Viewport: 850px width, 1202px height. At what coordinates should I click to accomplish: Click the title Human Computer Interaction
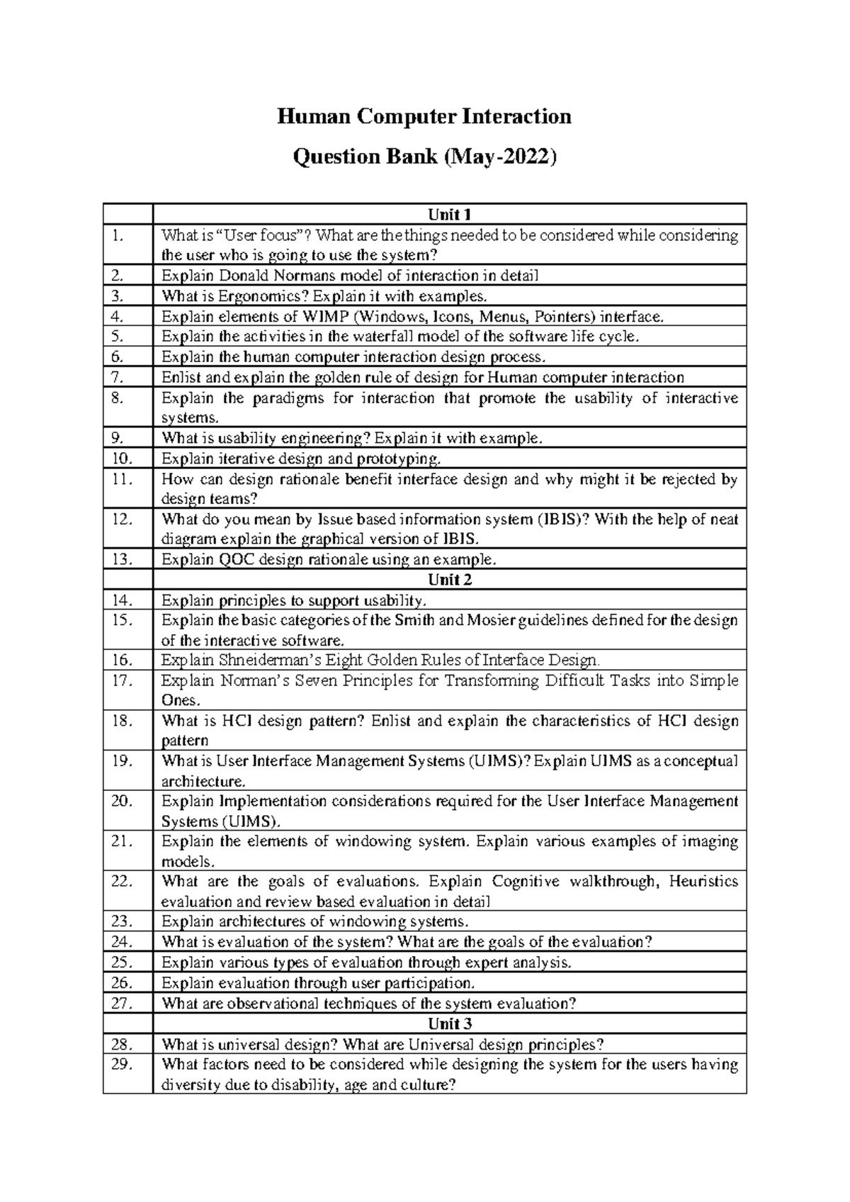point(424,116)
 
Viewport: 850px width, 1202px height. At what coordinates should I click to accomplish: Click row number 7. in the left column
point(118,378)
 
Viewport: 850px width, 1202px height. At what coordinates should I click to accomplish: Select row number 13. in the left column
point(122,559)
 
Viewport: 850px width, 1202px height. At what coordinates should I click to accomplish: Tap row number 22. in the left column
point(122,882)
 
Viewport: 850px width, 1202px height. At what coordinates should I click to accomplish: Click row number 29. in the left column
point(122,1065)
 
